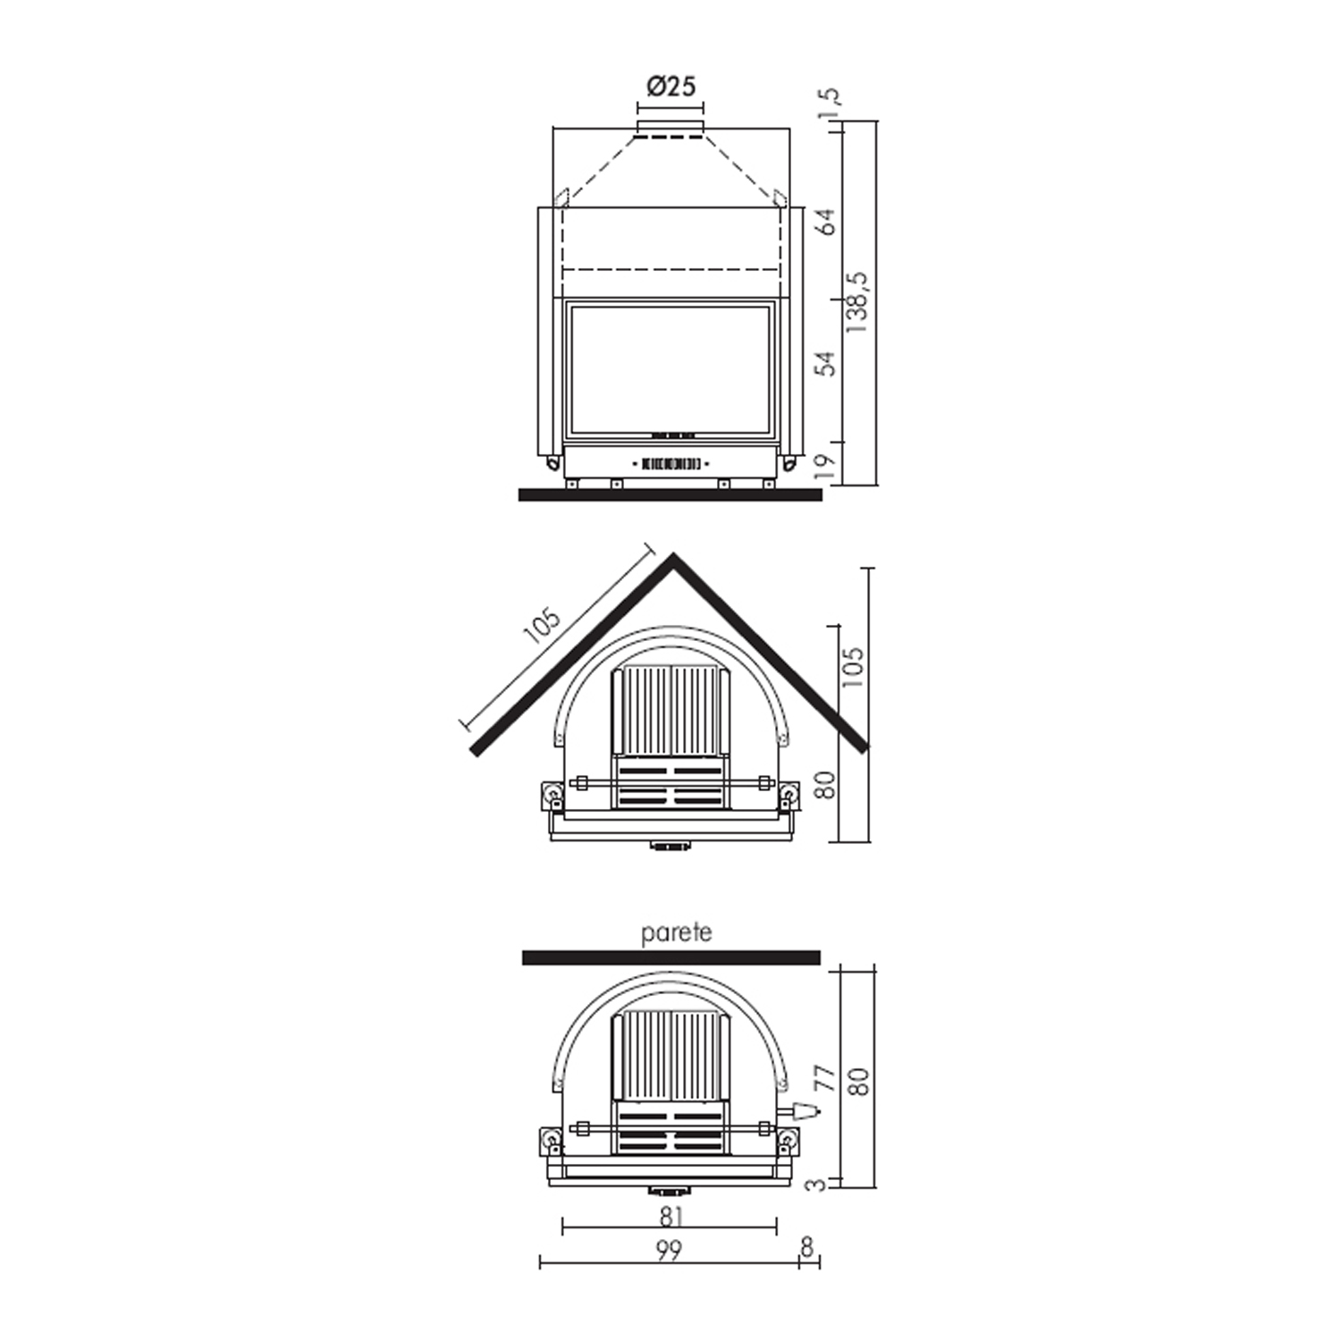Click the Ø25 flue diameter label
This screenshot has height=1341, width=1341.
click(670, 86)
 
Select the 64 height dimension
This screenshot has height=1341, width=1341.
click(828, 222)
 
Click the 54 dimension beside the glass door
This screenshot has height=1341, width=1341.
click(828, 364)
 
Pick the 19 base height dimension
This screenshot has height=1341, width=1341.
click(828, 464)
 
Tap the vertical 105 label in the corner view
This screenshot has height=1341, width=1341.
click(854, 667)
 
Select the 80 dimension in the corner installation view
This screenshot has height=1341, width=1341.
click(827, 785)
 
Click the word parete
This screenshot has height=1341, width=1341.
click(677, 933)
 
